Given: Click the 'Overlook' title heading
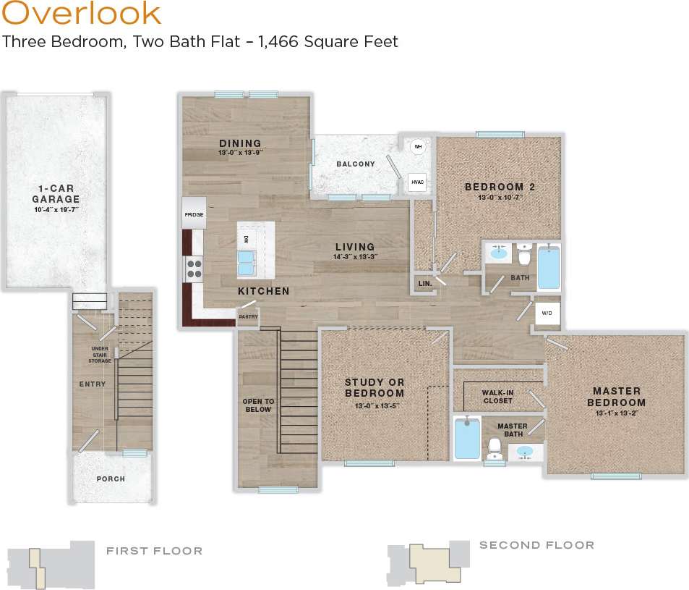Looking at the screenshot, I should [81, 14].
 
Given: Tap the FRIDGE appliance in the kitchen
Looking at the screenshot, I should [194, 214].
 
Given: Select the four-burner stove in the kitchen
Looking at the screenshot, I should [194, 269].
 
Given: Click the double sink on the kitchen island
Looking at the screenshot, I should [247, 263].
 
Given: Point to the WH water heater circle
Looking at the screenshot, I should [417, 147].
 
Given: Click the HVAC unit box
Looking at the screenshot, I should [417, 182].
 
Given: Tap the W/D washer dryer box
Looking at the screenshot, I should [547, 313].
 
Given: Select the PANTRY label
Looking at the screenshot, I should [248, 316].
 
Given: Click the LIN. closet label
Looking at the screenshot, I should [424, 284].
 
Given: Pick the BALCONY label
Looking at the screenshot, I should [355, 164].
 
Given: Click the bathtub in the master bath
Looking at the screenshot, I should [466, 437].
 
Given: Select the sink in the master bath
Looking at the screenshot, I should [526, 452].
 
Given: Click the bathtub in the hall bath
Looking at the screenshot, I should [548, 266].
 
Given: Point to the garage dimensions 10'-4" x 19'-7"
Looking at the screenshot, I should [55, 210].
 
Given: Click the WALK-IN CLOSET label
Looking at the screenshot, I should [497, 397].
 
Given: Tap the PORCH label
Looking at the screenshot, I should [111, 479].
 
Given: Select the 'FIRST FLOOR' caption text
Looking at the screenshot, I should [154, 552].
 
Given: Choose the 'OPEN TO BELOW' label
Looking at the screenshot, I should [257, 405].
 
